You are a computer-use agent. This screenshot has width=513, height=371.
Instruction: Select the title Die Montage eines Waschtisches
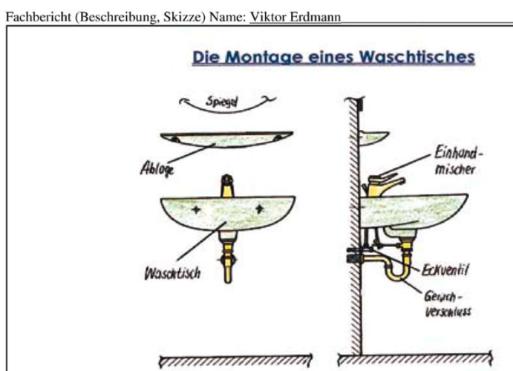[333, 58]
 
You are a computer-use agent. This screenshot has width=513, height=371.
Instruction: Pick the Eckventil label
[446, 269]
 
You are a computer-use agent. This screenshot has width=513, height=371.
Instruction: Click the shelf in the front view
[226, 142]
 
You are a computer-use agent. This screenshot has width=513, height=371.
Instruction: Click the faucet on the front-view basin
[228, 185]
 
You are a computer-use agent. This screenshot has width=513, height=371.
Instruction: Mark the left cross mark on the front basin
[196, 211]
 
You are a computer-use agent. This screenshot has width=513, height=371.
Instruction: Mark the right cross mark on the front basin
[259, 211]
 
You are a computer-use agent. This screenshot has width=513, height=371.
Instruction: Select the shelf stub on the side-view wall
[374, 137]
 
